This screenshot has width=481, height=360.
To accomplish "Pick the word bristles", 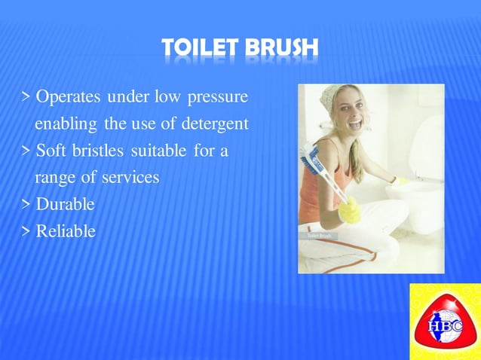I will click(x=99, y=151).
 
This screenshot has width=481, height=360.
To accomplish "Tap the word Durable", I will click(x=66, y=204).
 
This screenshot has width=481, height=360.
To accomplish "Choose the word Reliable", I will click(x=66, y=230).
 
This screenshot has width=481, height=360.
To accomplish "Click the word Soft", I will click(x=52, y=151).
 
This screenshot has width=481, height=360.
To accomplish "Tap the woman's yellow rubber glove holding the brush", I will click(x=349, y=210).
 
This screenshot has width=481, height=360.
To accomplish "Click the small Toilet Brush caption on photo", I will click(x=319, y=236).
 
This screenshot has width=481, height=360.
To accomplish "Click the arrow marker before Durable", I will click(x=26, y=204).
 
